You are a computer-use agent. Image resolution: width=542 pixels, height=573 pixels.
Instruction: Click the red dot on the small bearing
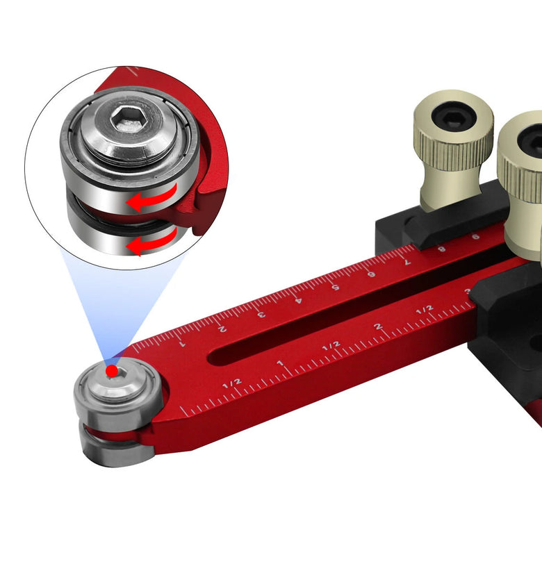pyautogui.click(x=112, y=371)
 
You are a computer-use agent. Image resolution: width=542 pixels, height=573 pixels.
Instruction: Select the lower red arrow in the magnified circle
pyautogui.click(x=152, y=241)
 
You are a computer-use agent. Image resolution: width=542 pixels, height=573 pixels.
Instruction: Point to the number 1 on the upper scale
pyautogui.click(x=182, y=343)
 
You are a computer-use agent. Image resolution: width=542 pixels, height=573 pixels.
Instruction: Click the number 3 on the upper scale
pyautogui.click(x=261, y=314)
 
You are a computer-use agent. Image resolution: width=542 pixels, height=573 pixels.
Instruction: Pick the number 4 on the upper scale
pyautogui.click(x=299, y=300)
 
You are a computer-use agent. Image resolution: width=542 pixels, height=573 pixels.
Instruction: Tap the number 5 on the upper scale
pyautogui.click(x=335, y=287)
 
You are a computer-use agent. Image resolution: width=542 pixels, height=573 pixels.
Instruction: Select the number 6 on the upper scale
pyautogui.click(x=371, y=274)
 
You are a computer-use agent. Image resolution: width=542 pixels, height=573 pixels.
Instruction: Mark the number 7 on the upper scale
pyautogui.click(x=407, y=262)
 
